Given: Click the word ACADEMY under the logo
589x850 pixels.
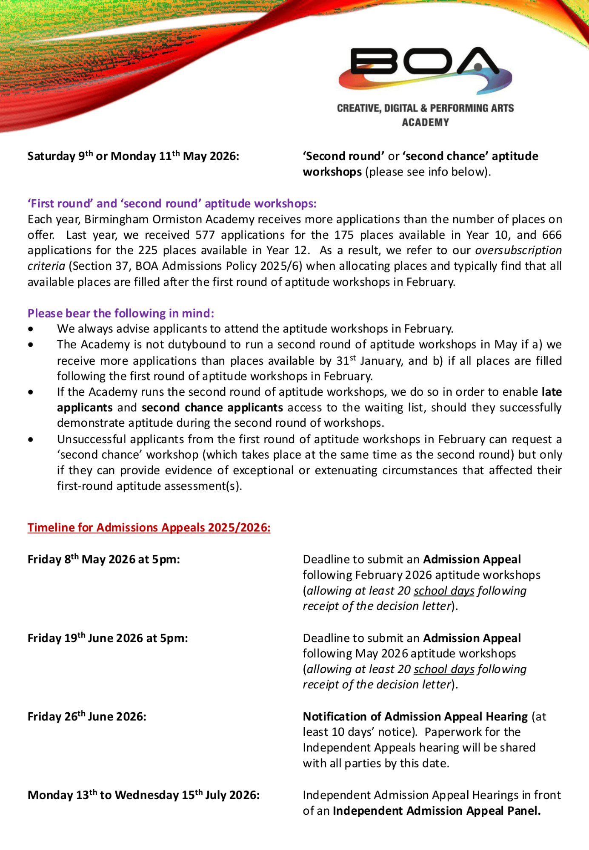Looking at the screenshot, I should [x=425, y=122].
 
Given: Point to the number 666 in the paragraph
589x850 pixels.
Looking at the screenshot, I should [x=552, y=235].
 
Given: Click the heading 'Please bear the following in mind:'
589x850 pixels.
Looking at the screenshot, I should [x=121, y=313].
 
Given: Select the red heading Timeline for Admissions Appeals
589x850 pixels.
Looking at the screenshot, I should [x=149, y=527].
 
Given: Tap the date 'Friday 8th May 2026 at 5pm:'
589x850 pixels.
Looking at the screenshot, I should [x=104, y=559].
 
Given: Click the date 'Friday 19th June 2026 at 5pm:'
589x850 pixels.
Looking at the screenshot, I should [x=108, y=638].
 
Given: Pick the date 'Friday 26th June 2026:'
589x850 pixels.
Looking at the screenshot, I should [x=87, y=717].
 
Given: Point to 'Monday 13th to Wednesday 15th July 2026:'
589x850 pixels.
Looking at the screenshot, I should [x=143, y=795].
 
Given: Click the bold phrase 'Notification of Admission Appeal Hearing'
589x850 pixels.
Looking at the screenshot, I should [x=415, y=717].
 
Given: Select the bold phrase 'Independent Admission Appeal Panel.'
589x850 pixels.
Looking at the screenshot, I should [x=437, y=811].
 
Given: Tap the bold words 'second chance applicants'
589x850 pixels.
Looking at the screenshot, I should [x=212, y=408].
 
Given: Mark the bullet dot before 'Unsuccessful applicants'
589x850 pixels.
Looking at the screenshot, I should [x=31, y=439].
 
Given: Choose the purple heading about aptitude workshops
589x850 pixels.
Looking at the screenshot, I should [x=172, y=204].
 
